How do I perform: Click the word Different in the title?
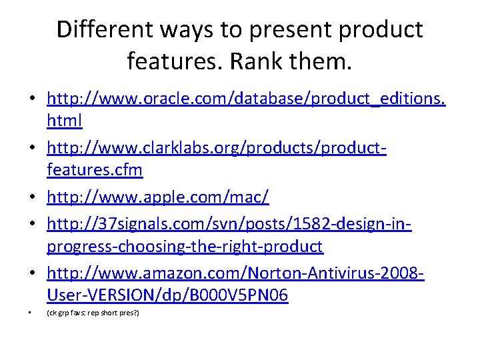tap(105, 29)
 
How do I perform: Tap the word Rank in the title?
tap(256, 61)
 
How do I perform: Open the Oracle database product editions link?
tap(246, 109)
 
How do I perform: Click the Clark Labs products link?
tap(217, 159)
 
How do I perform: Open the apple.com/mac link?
tap(158, 197)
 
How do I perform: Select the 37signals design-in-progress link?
tap(229, 235)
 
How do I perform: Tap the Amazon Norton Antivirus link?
tap(236, 283)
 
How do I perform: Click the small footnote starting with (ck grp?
tap(93, 313)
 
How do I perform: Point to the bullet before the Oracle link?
tap(33, 98)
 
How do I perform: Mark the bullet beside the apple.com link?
tap(33, 197)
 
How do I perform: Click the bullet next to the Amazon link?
tap(33, 272)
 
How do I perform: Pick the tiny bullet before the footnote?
tap(30, 313)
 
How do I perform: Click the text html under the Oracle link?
tap(65, 120)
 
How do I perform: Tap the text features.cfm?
tap(95, 169)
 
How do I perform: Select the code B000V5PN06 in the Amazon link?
tap(239, 295)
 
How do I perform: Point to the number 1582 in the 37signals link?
tap(312, 224)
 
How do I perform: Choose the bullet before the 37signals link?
tap(33, 223)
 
